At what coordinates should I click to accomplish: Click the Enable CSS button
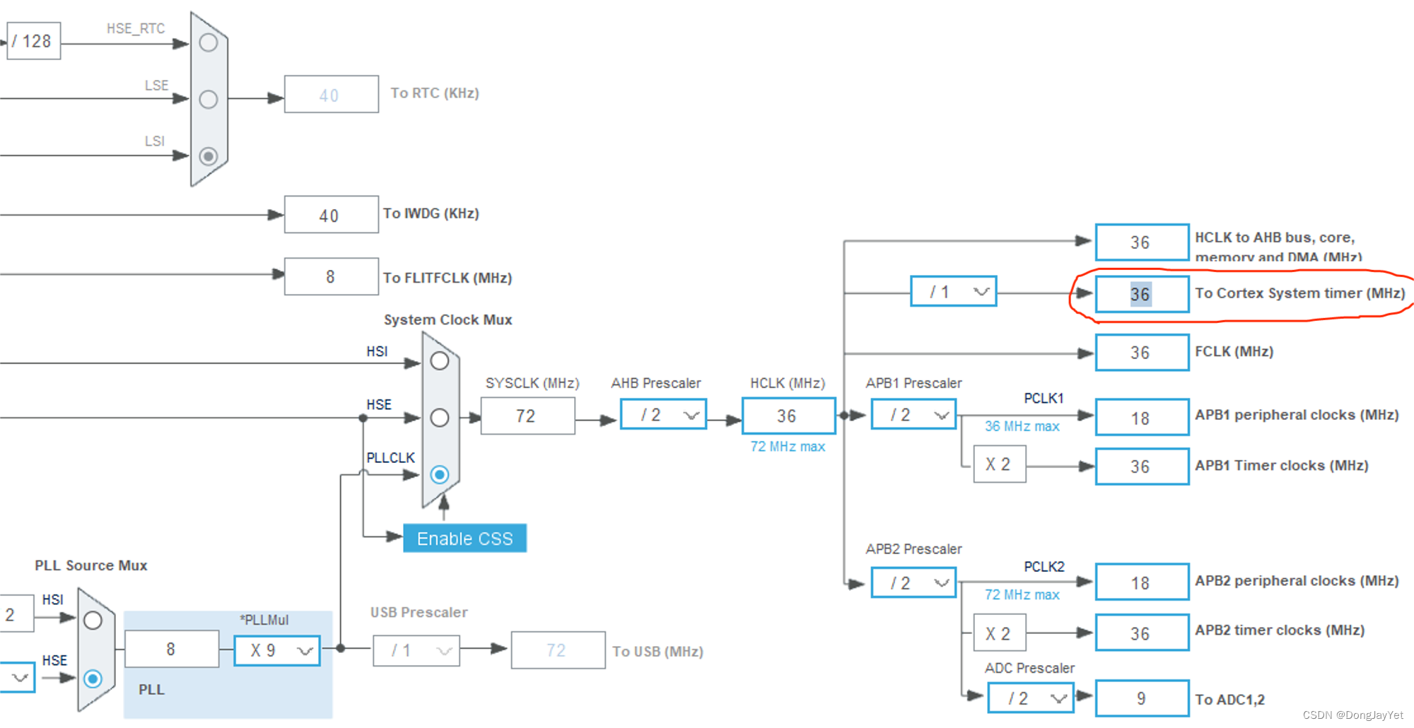(x=464, y=539)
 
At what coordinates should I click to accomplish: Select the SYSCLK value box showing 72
(x=527, y=416)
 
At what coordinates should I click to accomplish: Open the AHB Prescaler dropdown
(x=663, y=415)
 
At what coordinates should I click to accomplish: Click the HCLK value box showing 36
(x=788, y=416)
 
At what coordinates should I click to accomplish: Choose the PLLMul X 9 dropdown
(x=277, y=650)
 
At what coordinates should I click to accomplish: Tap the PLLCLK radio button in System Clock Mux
(x=440, y=474)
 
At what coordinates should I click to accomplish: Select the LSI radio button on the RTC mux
(x=208, y=155)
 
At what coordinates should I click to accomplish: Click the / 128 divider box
(x=33, y=41)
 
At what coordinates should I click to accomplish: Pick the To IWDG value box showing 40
(x=331, y=215)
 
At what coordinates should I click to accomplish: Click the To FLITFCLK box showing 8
(x=331, y=276)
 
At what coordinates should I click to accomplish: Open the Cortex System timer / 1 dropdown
(x=953, y=291)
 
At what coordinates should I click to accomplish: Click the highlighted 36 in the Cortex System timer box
(x=1140, y=294)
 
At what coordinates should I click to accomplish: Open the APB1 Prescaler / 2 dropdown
(x=913, y=415)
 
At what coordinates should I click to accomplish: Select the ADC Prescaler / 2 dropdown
(x=1030, y=698)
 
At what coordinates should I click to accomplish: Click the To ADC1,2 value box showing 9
(x=1142, y=698)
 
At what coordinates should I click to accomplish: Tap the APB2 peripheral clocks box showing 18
(x=1142, y=582)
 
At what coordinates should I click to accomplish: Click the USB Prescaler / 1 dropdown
(x=416, y=650)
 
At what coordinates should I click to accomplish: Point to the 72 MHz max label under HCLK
(x=788, y=447)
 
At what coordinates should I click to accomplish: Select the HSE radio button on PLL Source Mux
(x=93, y=679)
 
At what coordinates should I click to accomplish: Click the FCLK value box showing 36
(x=1142, y=352)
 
